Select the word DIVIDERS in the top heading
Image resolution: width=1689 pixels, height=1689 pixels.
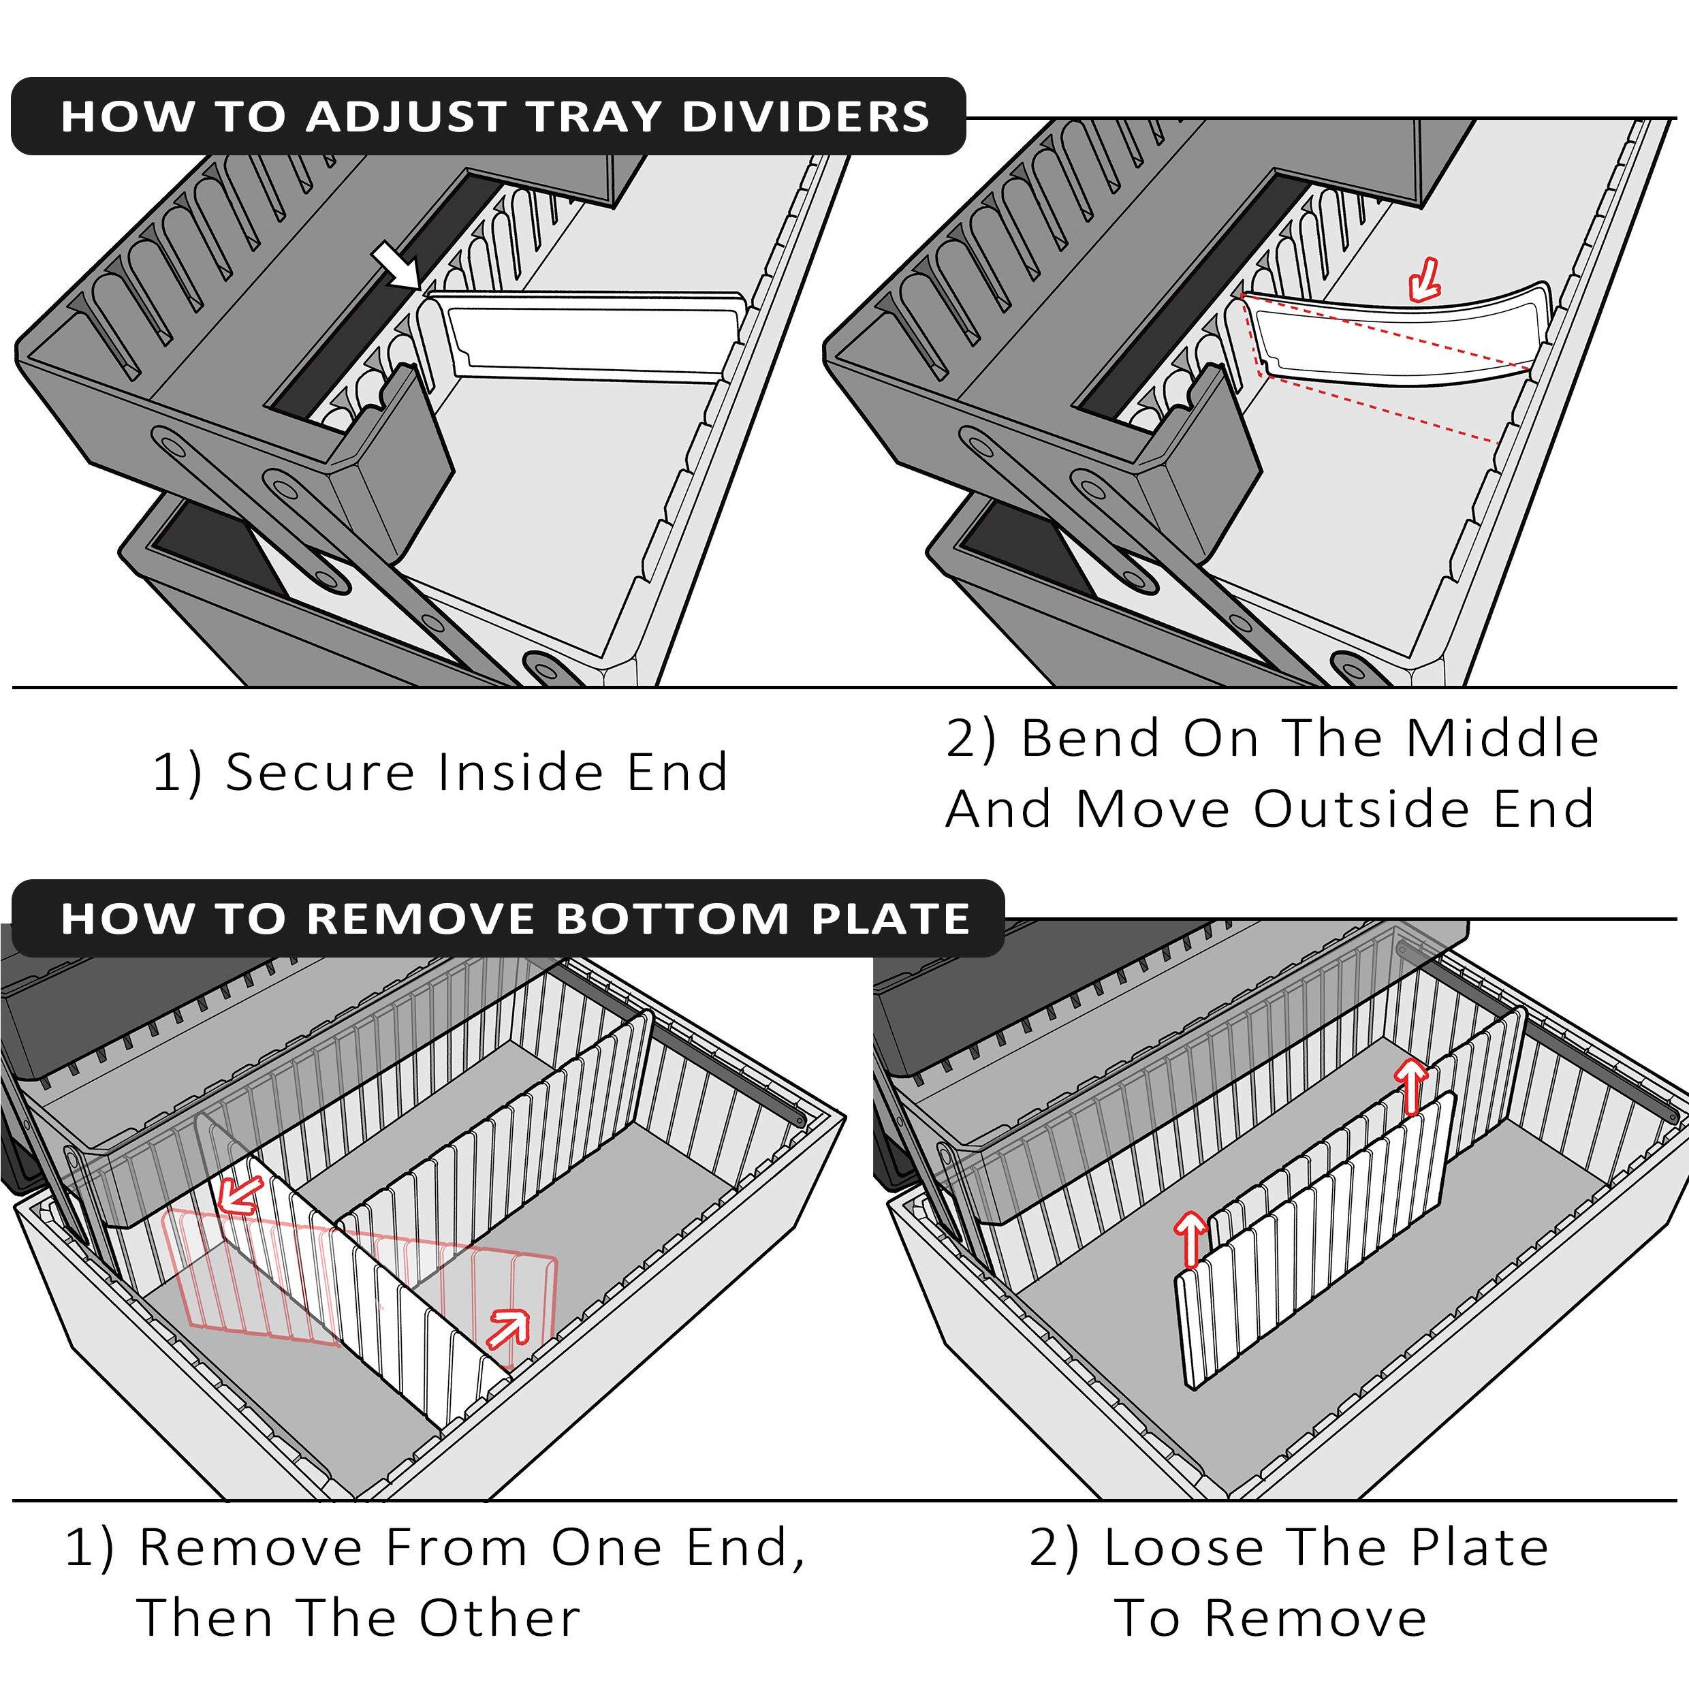(x=804, y=117)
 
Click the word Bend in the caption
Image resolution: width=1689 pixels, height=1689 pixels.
(x=1091, y=739)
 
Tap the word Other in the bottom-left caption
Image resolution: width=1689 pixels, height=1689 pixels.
(x=499, y=1617)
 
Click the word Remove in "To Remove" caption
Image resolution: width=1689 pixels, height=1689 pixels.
(x=1316, y=1617)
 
